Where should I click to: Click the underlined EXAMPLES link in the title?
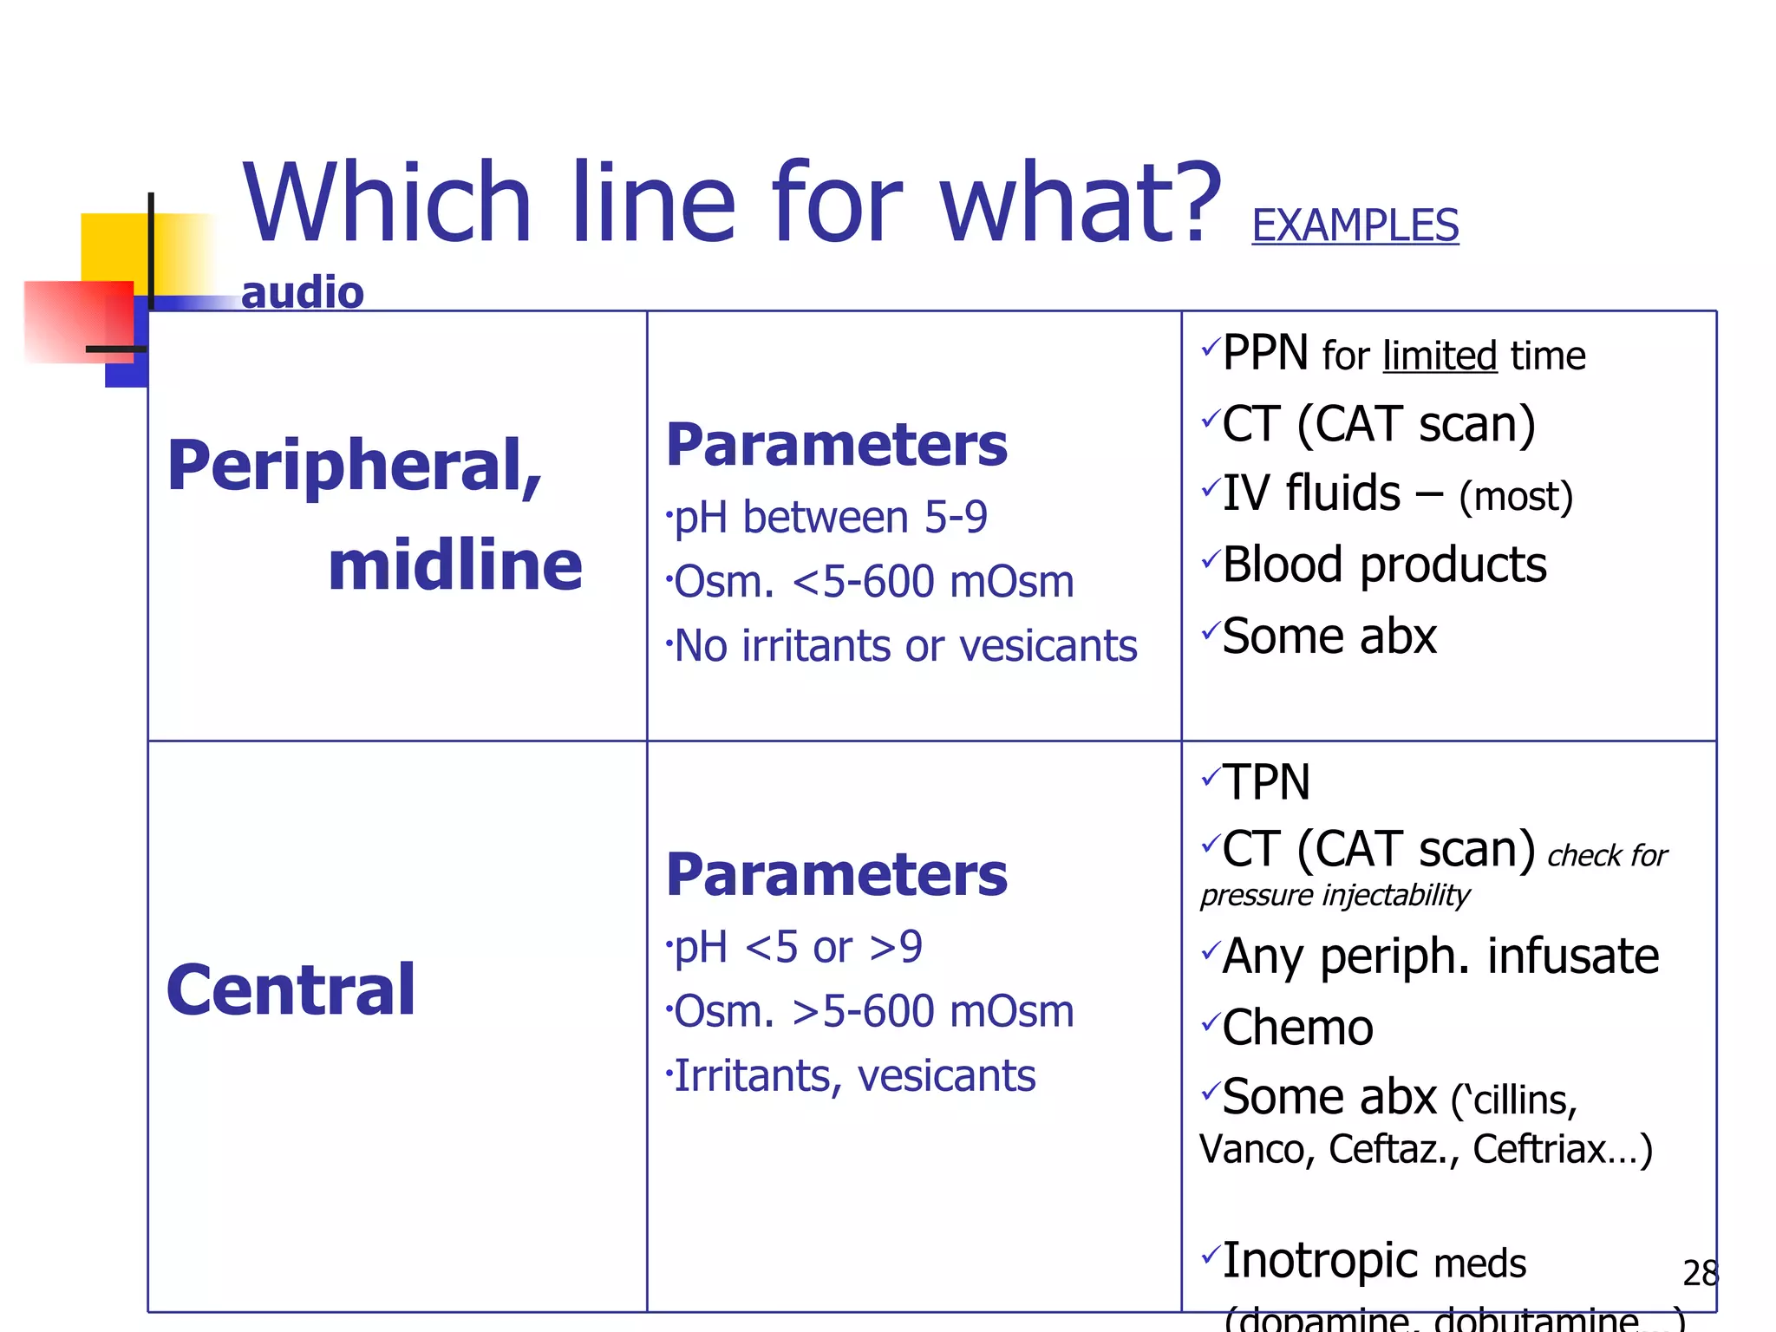[1355, 225]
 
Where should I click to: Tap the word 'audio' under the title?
[302, 293]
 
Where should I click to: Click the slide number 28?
[1700, 1273]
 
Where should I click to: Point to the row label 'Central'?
[291, 990]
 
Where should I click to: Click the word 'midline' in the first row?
[454, 565]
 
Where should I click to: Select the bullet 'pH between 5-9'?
[829, 518]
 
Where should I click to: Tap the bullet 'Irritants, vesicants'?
[853, 1076]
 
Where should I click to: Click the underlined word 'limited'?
[1440, 356]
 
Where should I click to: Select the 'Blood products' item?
[1384, 565]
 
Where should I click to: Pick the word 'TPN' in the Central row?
[1266, 782]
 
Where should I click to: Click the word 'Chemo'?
[1297, 1028]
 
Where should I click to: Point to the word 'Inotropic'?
[1320, 1261]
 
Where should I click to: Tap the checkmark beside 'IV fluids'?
[1211, 489]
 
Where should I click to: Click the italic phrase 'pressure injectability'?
[1334, 895]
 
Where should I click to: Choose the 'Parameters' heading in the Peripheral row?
[836, 445]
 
